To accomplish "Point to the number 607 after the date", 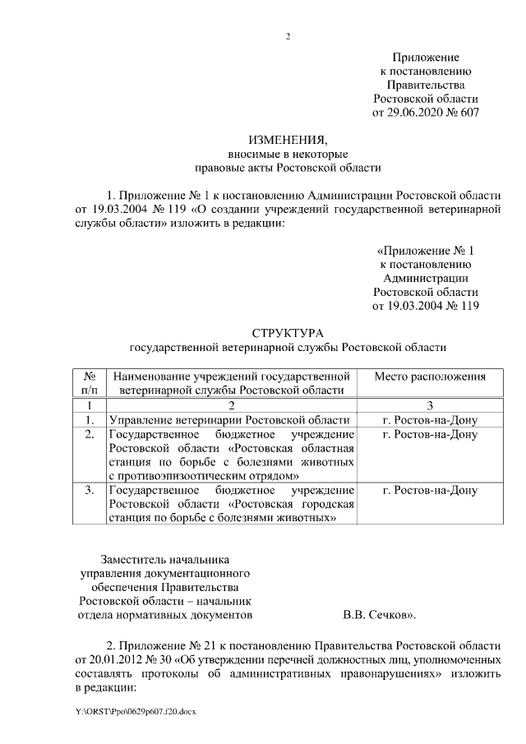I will pyautogui.click(x=469, y=111).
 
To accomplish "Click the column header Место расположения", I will pyautogui.click(x=430, y=377).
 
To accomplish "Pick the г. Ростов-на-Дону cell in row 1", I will pyautogui.click(x=430, y=419).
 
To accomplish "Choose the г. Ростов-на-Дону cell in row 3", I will pyautogui.click(x=430, y=491).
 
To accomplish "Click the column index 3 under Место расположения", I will pyautogui.click(x=430, y=405).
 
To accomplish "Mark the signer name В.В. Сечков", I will pyautogui.click(x=376, y=614).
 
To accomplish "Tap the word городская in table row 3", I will pyautogui.click(x=328, y=505).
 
